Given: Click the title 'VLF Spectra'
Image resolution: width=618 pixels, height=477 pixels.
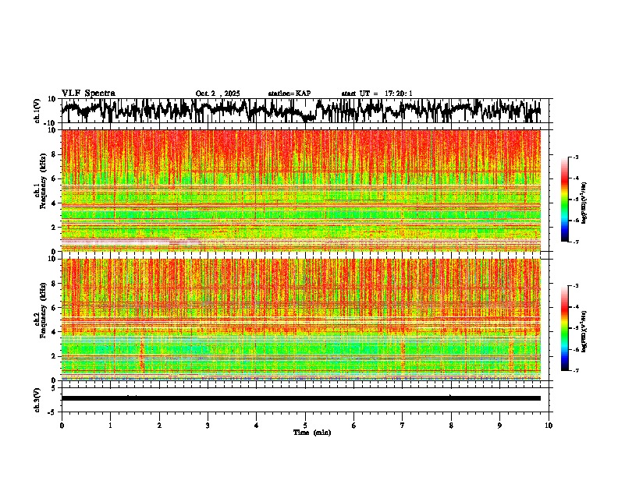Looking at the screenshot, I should click(x=88, y=93).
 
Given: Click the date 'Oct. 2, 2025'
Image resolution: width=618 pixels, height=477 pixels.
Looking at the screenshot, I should click(x=218, y=94).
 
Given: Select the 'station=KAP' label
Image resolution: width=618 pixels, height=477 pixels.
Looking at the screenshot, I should click(x=289, y=94).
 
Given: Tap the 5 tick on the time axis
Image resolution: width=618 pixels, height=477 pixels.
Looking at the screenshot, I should click(x=305, y=425).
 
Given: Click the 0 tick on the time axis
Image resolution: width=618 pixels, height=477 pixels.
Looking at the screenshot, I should click(x=62, y=425).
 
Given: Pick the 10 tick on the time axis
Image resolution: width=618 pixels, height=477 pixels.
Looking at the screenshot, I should click(x=549, y=425).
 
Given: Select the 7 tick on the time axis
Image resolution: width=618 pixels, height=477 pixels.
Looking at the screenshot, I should click(x=403, y=425).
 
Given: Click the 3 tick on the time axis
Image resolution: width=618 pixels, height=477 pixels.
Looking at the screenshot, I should click(x=208, y=425).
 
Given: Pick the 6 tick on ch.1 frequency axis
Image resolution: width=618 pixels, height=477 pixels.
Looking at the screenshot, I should click(x=56, y=178).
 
